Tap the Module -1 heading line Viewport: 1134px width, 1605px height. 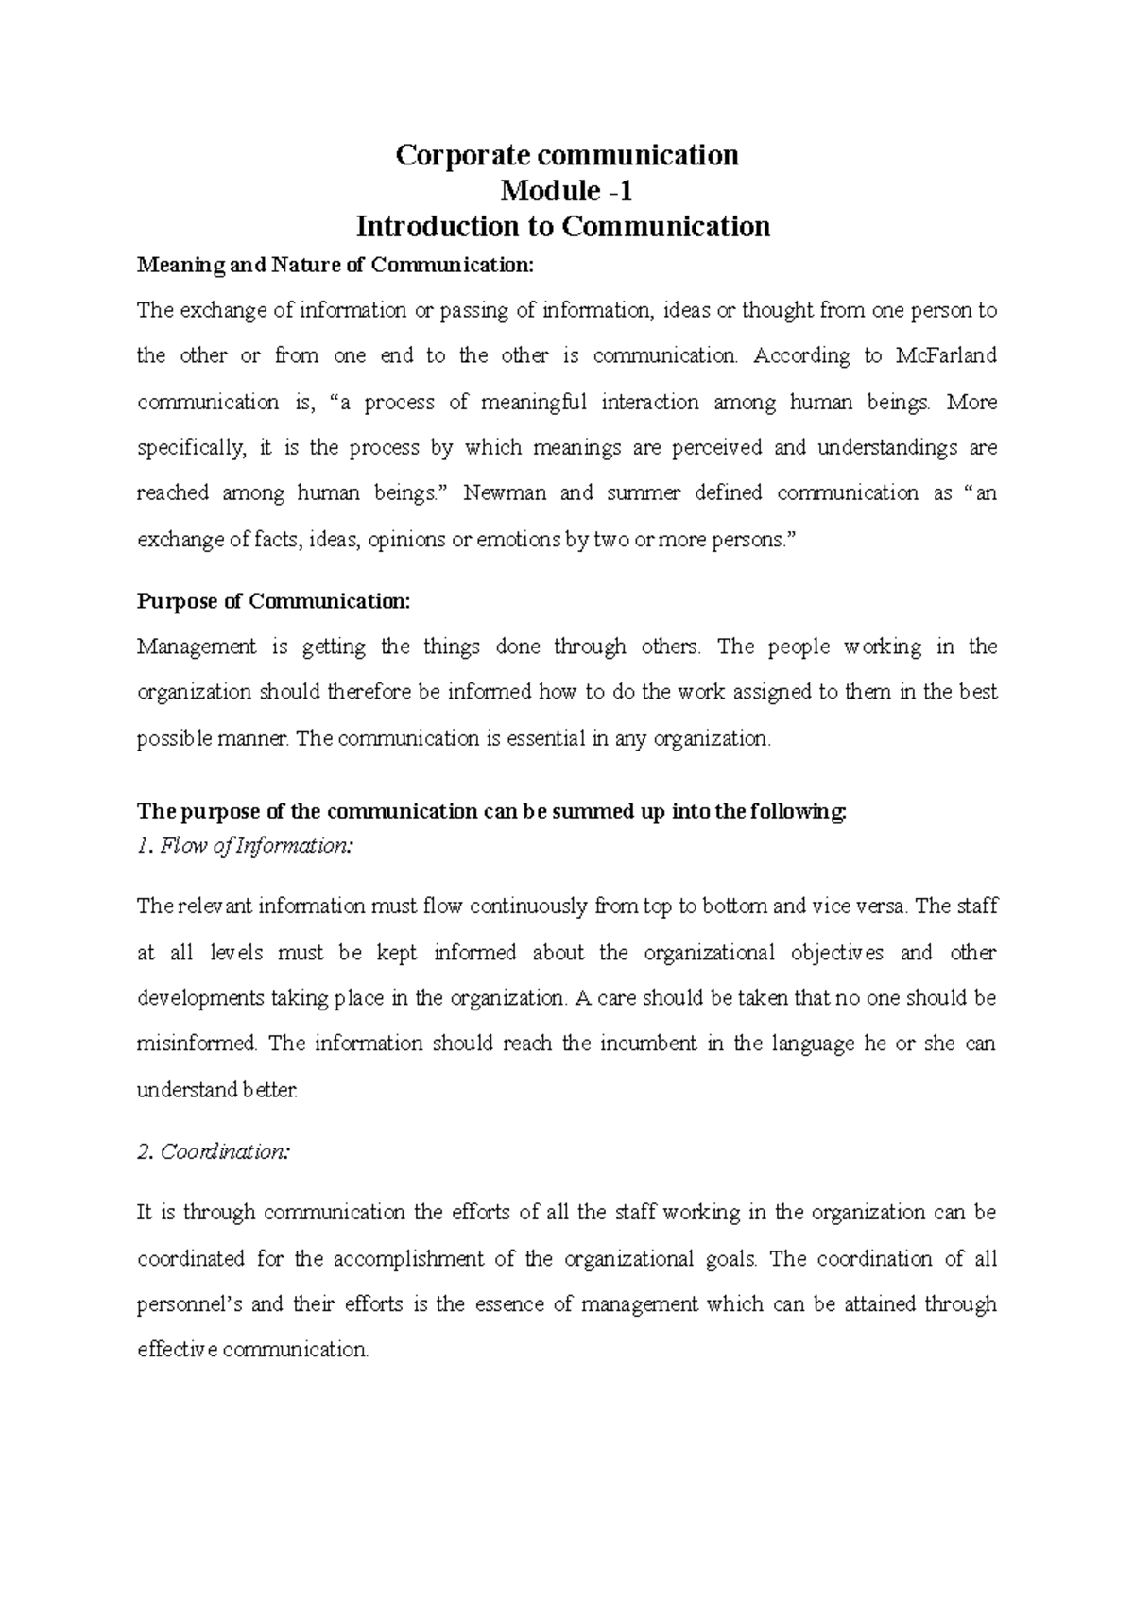[x=566, y=191]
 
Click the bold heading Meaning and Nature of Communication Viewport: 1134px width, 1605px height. [x=335, y=266]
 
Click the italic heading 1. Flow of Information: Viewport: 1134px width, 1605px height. [x=245, y=846]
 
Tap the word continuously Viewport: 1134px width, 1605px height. [x=528, y=906]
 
